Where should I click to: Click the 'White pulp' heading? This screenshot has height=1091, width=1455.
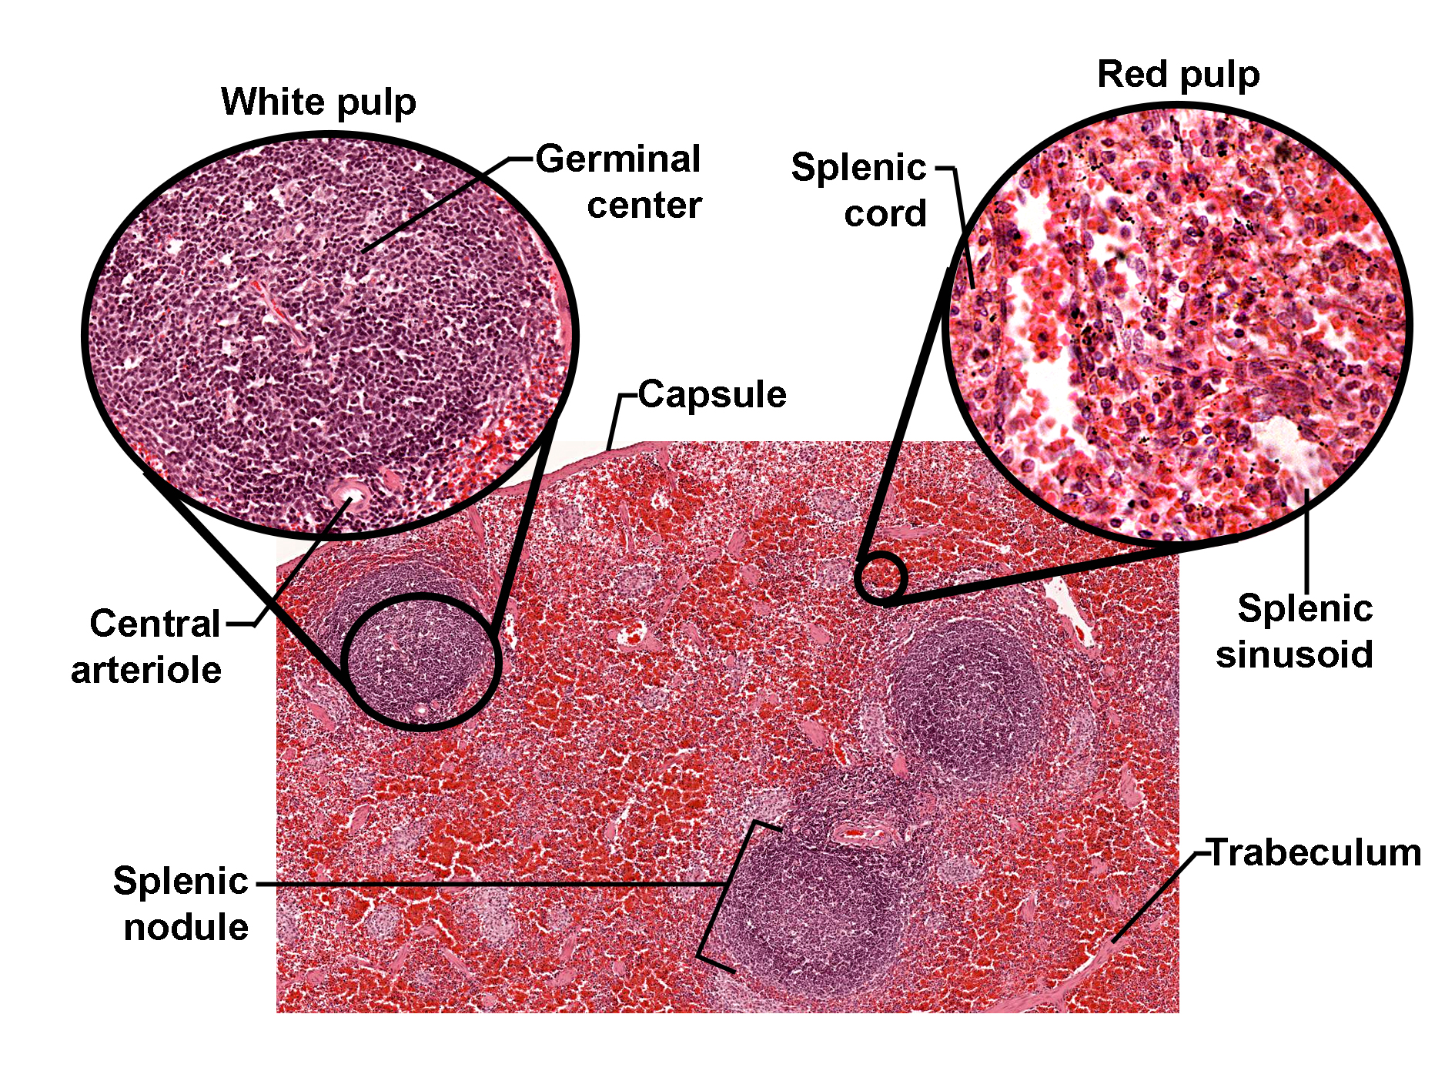[x=318, y=102]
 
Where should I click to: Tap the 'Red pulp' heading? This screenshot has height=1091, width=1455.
[x=1178, y=75]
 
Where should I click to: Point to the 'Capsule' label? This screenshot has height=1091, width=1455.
[x=711, y=394]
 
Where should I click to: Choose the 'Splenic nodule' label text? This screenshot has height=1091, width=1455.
[x=182, y=903]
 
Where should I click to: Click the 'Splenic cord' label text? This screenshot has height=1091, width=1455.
[x=860, y=189]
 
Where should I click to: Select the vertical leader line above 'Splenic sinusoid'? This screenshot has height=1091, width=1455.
[x=1306, y=539]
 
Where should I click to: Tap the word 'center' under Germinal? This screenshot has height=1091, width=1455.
[x=644, y=206]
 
